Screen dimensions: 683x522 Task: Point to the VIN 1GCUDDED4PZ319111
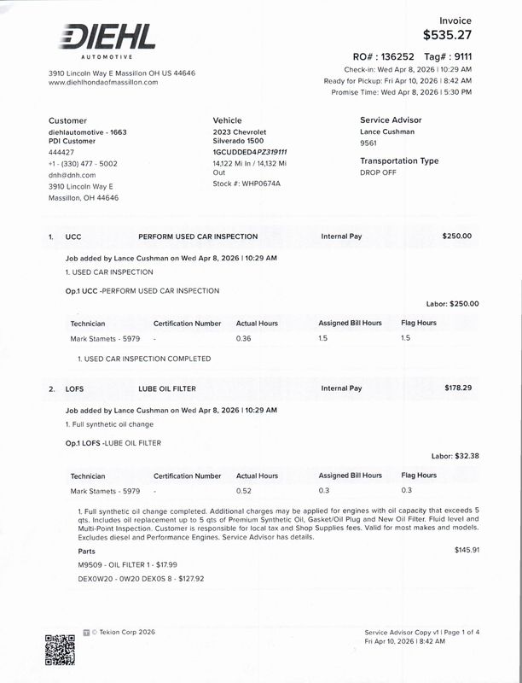tap(250, 152)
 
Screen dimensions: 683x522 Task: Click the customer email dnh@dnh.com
tap(72, 174)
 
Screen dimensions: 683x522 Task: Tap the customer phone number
tap(84, 163)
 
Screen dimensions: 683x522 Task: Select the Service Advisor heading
tap(391, 120)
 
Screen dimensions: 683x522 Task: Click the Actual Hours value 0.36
tap(243, 338)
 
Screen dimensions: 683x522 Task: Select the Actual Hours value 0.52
tap(243, 491)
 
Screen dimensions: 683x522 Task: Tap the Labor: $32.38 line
tap(455, 456)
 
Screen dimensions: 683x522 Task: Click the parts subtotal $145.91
tap(467, 549)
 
